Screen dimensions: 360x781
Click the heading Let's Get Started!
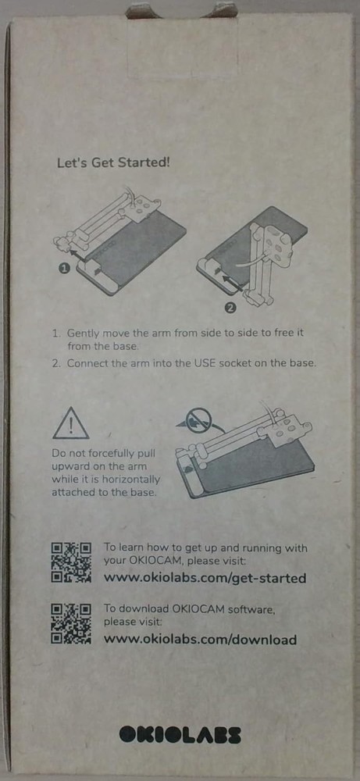coord(113,162)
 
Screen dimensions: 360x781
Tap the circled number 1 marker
coord(64,269)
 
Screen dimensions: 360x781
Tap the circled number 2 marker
coord(230,308)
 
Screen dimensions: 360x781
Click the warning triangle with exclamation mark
coord(71,424)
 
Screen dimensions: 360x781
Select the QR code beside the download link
coord(71,624)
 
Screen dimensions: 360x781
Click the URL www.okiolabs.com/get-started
coord(205,578)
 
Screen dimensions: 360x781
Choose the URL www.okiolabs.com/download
coord(200,640)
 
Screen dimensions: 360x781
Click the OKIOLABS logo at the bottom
coord(180,735)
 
